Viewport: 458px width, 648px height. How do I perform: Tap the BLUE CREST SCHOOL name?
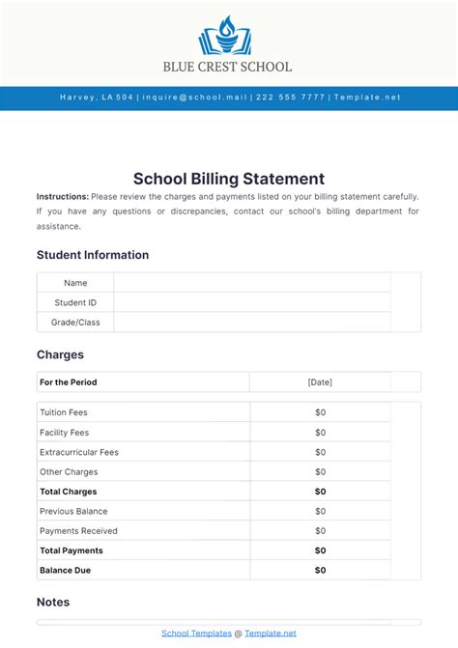pyautogui.click(x=228, y=68)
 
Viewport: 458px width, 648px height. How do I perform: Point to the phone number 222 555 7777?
pyautogui.click(x=291, y=98)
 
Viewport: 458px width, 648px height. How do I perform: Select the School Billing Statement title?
pyautogui.click(x=229, y=179)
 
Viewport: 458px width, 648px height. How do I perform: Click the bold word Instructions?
pyautogui.click(x=63, y=196)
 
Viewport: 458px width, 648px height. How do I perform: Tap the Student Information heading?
pyautogui.click(x=93, y=255)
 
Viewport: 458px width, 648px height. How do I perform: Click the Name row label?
pyautogui.click(x=75, y=283)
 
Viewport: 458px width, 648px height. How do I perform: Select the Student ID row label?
pyautogui.click(x=75, y=302)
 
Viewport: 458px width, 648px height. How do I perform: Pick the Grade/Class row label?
pyautogui.click(x=75, y=323)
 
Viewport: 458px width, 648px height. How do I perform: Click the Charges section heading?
pyautogui.click(x=60, y=354)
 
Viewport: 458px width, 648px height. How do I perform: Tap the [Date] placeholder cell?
pyautogui.click(x=320, y=382)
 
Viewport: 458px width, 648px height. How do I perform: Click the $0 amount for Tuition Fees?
pyautogui.click(x=320, y=412)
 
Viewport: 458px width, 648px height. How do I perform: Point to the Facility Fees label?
pyautogui.click(x=64, y=433)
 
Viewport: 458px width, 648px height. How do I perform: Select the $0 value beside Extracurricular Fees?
pyautogui.click(x=320, y=452)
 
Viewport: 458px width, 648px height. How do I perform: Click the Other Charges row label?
pyautogui.click(x=68, y=472)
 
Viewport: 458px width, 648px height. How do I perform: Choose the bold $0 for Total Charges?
pyautogui.click(x=320, y=492)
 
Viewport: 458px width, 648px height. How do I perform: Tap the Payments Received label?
pyautogui.click(x=78, y=531)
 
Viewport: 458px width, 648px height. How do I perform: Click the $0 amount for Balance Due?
pyautogui.click(x=320, y=571)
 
